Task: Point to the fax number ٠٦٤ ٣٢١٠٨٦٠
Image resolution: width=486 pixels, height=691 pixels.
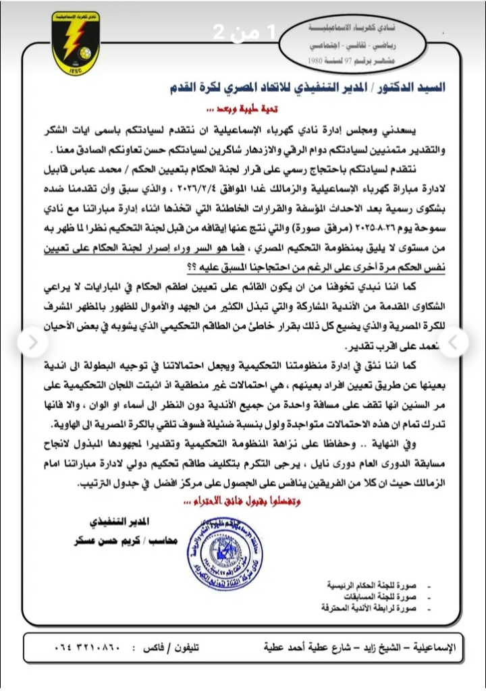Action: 87,648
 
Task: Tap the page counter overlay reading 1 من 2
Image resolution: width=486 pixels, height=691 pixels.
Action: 242,32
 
